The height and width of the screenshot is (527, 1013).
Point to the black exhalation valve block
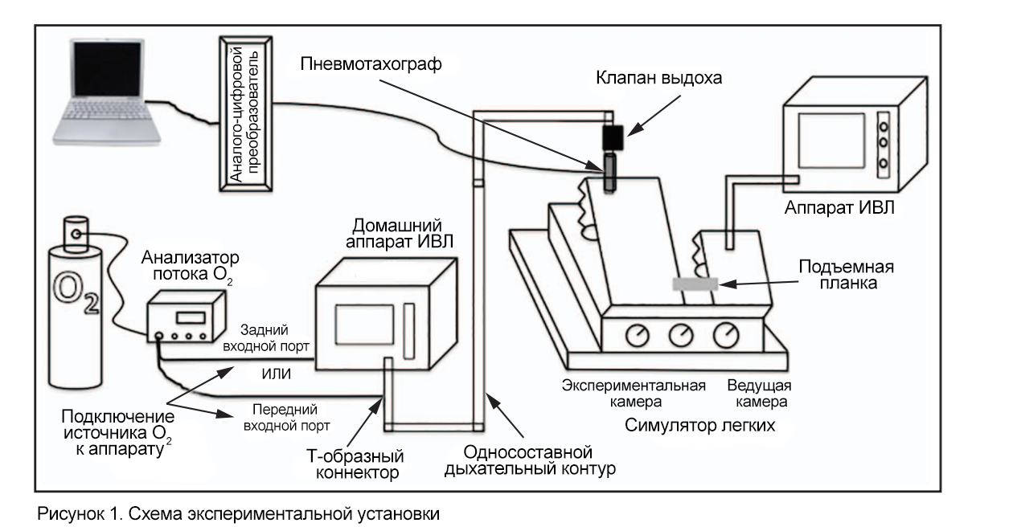click(617, 136)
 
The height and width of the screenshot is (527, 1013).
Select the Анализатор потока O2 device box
click(186, 317)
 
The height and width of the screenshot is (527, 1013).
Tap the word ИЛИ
click(276, 374)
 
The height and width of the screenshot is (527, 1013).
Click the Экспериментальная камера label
click(634, 391)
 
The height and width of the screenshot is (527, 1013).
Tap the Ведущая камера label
click(760, 391)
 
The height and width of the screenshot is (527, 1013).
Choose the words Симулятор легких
click(699, 425)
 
